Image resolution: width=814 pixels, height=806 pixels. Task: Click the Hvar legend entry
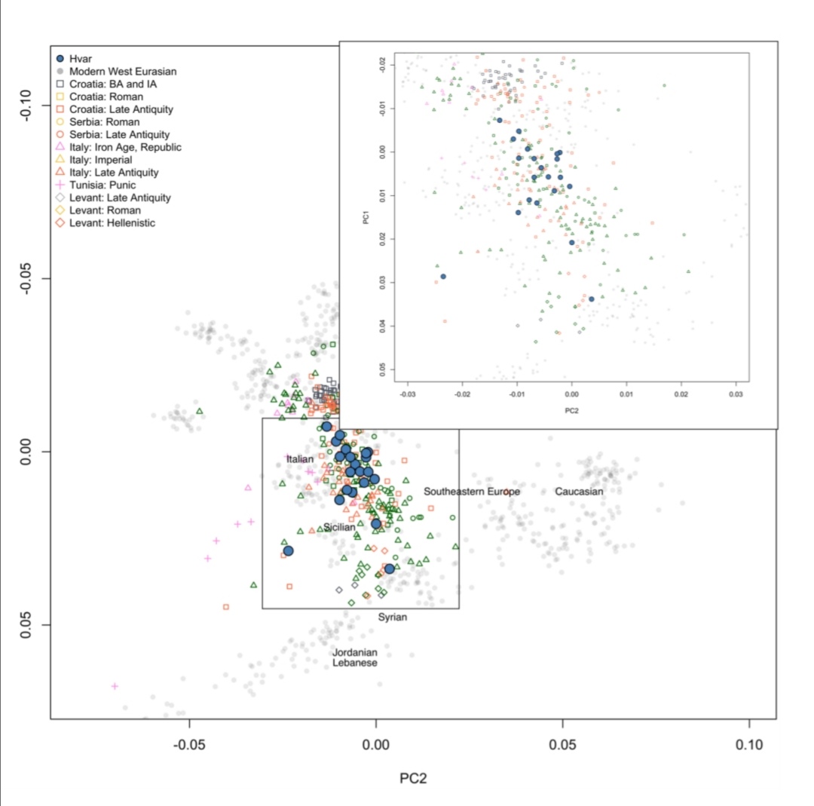[x=74, y=59]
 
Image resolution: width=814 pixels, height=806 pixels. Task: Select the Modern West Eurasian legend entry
[x=116, y=71]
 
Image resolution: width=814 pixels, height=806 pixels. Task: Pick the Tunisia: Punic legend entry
[x=96, y=185]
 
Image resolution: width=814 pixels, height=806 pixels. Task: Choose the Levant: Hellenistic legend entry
[x=106, y=222]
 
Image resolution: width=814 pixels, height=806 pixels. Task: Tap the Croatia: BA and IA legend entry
[x=106, y=84]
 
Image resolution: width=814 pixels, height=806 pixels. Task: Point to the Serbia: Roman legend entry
[x=97, y=122]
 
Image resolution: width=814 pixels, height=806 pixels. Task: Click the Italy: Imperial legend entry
[x=94, y=160]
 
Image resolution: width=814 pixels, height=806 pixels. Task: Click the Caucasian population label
[x=579, y=492]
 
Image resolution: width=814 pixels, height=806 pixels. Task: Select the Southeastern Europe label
[x=471, y=492]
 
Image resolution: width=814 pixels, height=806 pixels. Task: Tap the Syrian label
[x=393, y=617]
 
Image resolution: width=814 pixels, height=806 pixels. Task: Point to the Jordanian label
[x=354, y=652]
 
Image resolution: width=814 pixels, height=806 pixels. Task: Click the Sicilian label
[x=339, y=527]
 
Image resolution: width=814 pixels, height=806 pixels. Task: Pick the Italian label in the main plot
[x=300, y=459]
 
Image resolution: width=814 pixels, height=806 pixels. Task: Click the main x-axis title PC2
[x=413, y=778]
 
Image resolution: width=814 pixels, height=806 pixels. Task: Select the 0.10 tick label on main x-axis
[x=749, y=745]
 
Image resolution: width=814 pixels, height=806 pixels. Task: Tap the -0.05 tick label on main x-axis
[x=189, y=745]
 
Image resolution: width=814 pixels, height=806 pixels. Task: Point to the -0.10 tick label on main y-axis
[x=26, y=106]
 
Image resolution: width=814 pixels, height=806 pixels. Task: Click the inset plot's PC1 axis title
[x=366, y=217]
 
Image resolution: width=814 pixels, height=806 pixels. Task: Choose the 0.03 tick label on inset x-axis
[x=736, y=394]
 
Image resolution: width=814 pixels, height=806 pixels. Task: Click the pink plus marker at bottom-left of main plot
[x=115, y=687]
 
